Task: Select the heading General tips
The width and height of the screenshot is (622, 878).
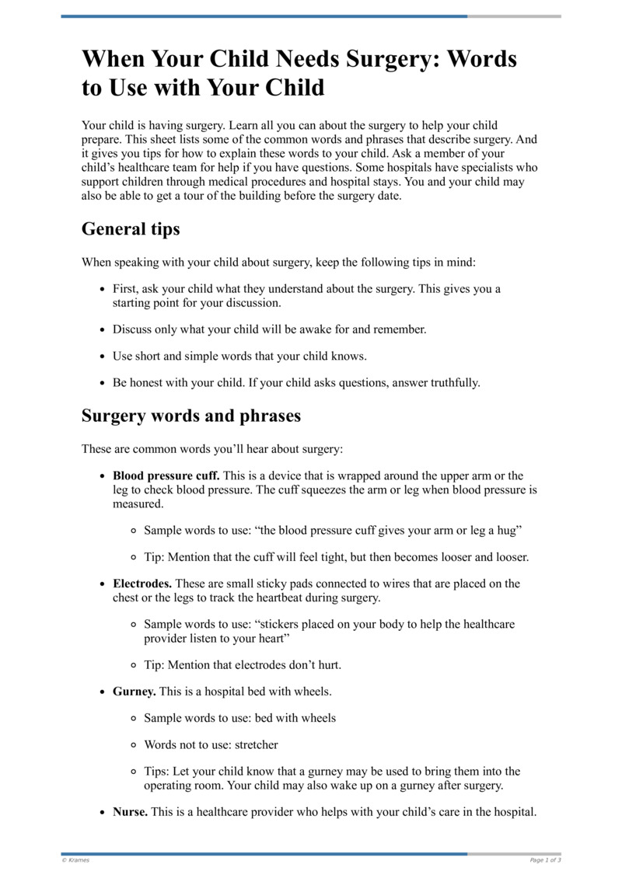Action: click(x=131, y=229)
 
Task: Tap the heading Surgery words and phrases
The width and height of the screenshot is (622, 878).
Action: click(x=190, y=416)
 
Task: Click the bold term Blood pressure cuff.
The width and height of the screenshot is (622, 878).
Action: click(x=166, y=476)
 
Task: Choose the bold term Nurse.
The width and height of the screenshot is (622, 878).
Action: click(x=131, y=812)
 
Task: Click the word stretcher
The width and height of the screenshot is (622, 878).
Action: click(x=256, y=744)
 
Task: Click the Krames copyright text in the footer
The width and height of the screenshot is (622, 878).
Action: click(x=75, y=860)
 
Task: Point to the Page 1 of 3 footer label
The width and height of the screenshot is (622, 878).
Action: click(x=545, y=860)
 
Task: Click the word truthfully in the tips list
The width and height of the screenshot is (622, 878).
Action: click(x=452, y=382)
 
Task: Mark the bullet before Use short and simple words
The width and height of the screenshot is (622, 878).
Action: click(x=103, y=356)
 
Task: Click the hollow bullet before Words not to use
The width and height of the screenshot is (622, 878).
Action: click(x=135, y=744)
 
